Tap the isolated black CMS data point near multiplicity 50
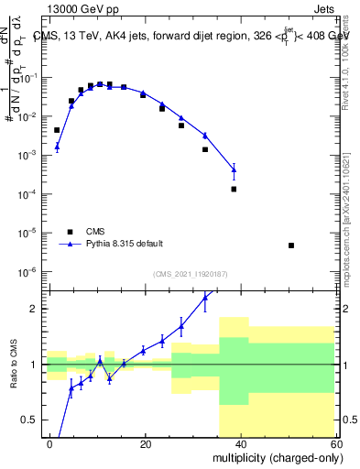[x=290, y=245]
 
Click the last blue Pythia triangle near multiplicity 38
[x=234, y=169]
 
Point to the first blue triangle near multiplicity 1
[x=57, y=146]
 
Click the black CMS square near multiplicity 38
[x=234, y=189]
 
